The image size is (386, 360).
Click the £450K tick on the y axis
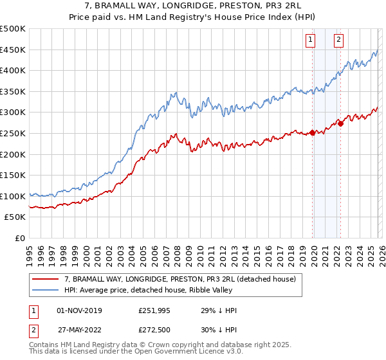pyautogui.click(x=13, y=50)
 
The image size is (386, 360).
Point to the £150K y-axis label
pyautogui.click(x=13, y=175)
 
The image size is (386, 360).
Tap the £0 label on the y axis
pyautogui.click(x=20, y=238)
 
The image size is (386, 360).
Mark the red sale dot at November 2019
pyautogui.click(x=312, y=133)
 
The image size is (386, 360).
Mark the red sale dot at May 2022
pyautogui.click(x=340, y=123)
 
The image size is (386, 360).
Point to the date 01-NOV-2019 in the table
pyautogui.click(x=79, y=310)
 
